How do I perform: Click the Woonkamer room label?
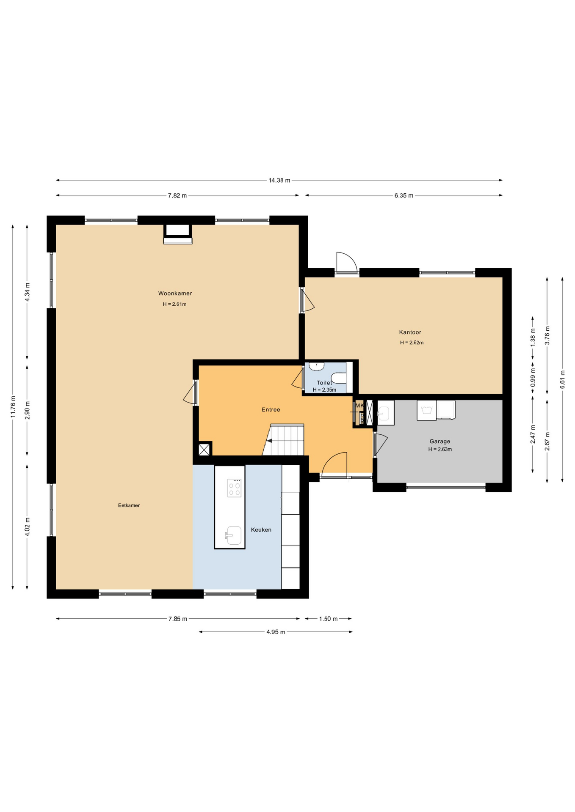coord(175,293)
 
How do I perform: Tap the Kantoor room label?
coord(410,332)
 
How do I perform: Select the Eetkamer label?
coord(129,505)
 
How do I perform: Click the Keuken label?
coord(261,529)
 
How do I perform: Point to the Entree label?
coord(271,409)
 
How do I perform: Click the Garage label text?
coord(440,441)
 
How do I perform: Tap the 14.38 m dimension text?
coord(279,180)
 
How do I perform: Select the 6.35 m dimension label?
coord(404,195)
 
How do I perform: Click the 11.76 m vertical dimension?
coord(13,406)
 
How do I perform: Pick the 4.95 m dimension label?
coord(276,632)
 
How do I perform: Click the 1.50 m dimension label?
coord(328,619)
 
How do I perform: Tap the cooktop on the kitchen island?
coord(234,488)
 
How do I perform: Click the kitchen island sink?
coord(233,535)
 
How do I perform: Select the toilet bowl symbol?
coord(338,377)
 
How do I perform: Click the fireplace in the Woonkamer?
coord(178,234)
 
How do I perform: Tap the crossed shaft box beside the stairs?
coord(204,449)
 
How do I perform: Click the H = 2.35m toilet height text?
coord(324,390)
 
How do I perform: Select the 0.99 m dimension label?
coord(533,377)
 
